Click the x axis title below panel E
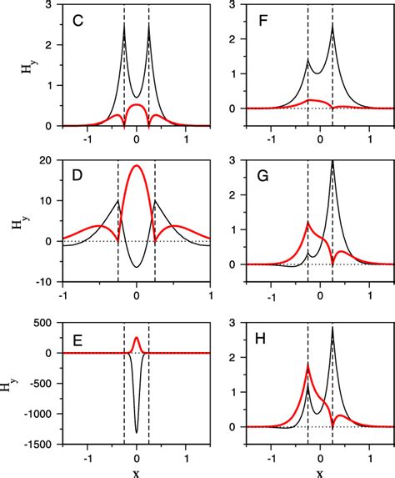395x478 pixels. pyautogui.click(x=137, y=471)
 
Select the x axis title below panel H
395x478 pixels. pyautogui.click(x=320, y=471)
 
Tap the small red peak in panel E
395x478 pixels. pyautogui.click(x=137, y=338)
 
